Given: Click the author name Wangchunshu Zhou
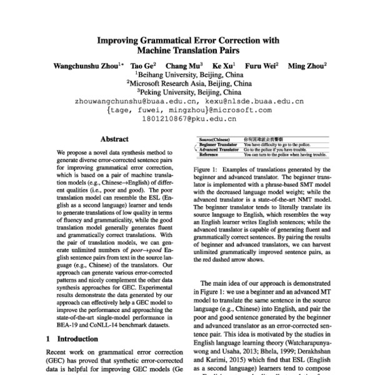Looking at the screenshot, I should [86, 65].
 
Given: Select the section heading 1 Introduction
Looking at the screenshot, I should [71, 339].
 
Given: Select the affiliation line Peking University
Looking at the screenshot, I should [189, 91].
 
